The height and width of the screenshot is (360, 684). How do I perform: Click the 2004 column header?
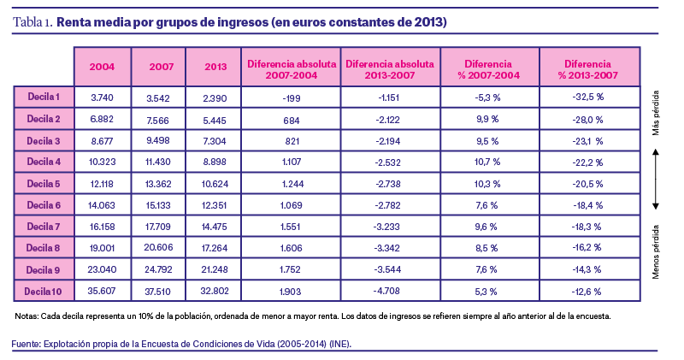coord(103,66)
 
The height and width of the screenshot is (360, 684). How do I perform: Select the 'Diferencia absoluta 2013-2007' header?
coord(390,66)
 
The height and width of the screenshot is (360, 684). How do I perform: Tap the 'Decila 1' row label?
coord(44,97)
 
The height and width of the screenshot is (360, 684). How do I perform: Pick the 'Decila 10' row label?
coord(44,291)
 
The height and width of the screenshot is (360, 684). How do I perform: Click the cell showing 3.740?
coord(103,97)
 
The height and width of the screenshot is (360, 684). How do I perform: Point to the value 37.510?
coord(161,291)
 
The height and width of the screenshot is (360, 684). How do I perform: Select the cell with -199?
coord(292,97)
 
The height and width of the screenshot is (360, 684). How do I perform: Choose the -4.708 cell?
coord(390,291)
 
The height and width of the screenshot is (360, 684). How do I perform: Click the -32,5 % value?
coord(588,97)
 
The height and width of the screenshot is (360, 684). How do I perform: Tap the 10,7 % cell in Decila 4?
coord(487,161)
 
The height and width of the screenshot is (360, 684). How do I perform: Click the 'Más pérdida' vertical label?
coord(656,115)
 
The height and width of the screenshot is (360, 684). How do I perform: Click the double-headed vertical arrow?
coord(656,178)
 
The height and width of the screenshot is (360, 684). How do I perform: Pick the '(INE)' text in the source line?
coord(338,344)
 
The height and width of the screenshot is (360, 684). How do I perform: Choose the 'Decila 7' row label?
coord(44,226)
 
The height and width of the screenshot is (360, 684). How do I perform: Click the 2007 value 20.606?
coord(161,247)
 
